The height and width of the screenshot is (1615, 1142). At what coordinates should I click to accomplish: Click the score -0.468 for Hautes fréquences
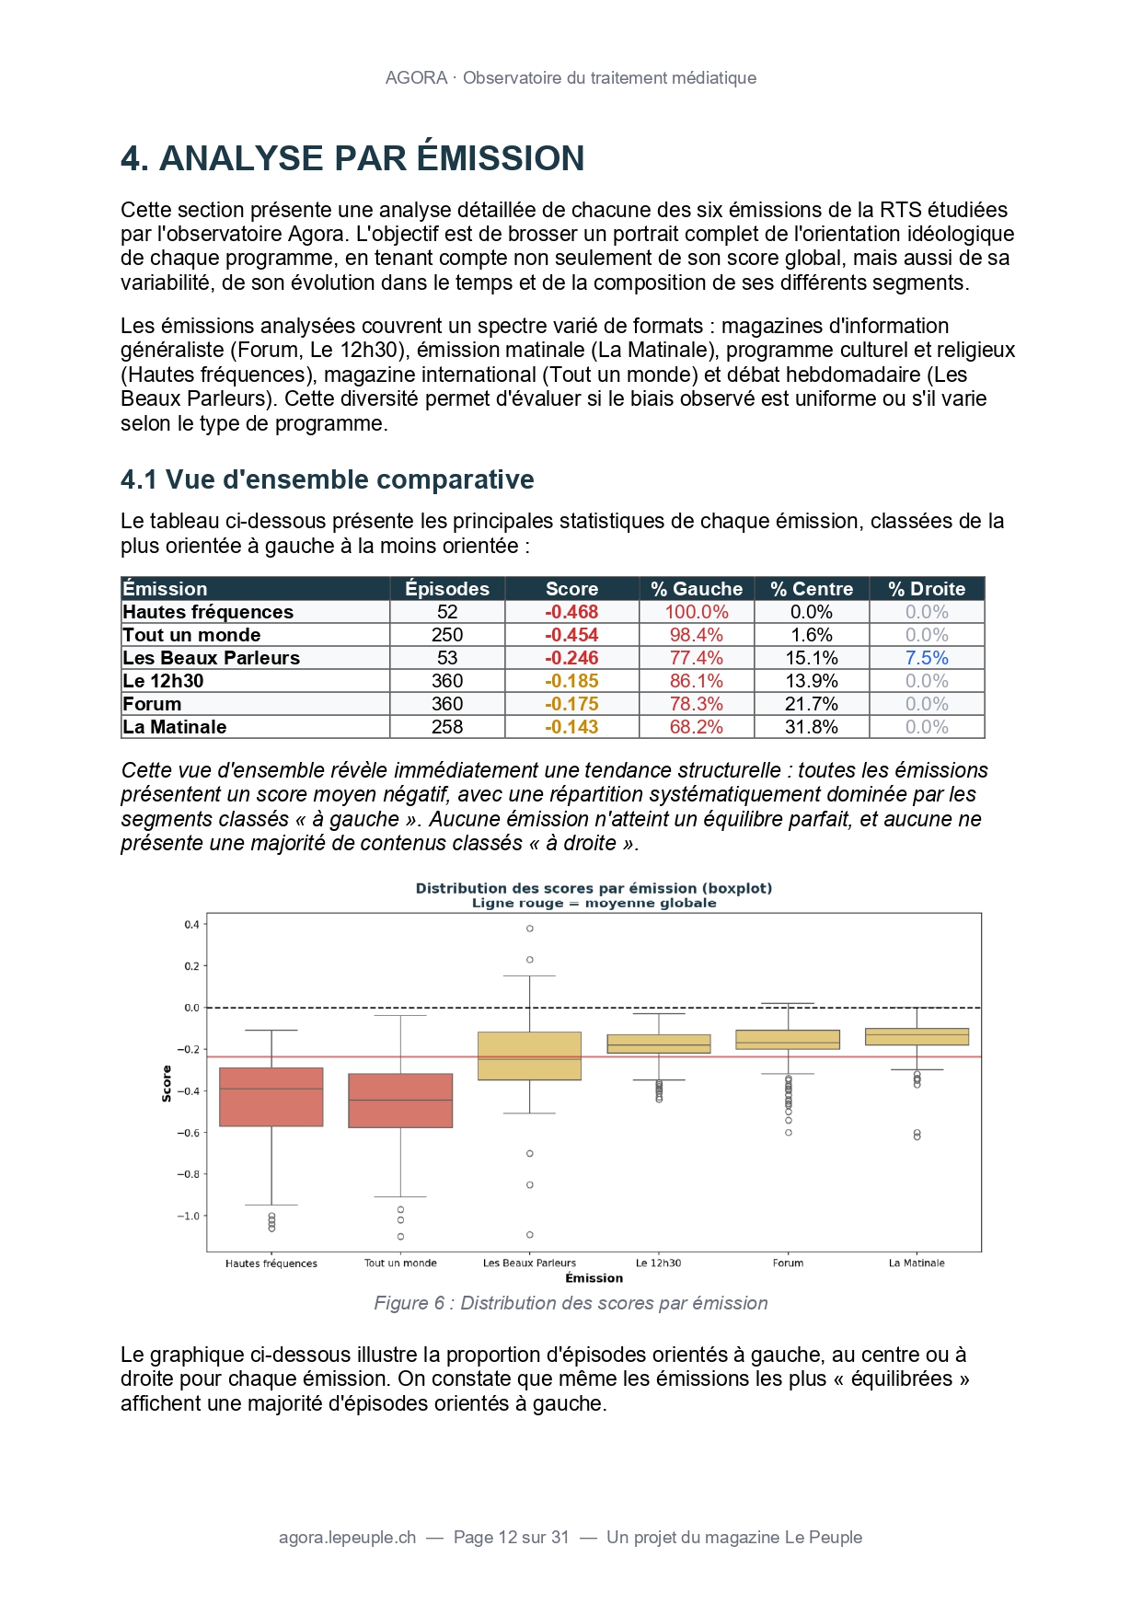tap(571, 612)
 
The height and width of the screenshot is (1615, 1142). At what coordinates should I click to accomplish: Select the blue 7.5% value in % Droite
tap(926, 658)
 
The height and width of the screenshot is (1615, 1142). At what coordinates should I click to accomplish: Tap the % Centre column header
tap(812, 589)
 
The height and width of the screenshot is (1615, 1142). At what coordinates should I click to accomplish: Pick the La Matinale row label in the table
tap(175, 727)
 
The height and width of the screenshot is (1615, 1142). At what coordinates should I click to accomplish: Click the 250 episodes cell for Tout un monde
tap(447, 635)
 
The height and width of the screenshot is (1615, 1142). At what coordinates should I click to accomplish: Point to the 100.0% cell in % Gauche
tap(697, 612)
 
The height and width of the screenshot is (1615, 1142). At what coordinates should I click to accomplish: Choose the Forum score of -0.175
tap(571, 704)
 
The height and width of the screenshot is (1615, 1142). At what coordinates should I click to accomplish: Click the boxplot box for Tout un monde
tap(400, 1101)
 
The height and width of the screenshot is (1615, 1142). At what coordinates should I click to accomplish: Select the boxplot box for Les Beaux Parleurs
tap(530, 1056)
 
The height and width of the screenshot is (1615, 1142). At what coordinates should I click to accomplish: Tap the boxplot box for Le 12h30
tap(659, 1044)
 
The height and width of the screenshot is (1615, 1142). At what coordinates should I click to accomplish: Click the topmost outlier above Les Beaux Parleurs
tap(530, 929)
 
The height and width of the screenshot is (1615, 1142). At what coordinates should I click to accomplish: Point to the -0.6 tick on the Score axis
tap(188, 1133)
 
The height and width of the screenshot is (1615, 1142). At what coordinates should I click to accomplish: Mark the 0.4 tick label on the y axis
tap(191, 924)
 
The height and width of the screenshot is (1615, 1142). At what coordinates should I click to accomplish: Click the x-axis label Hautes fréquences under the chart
tap(271, 1263)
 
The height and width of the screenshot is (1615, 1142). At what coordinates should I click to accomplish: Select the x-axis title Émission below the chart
tap(594, 1278)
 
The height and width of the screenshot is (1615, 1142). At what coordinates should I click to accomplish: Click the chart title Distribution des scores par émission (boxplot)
tap(594, 889)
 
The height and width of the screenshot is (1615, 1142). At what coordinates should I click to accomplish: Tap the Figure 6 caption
tap(571, 1303)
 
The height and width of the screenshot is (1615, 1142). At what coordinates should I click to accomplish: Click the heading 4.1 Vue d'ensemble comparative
tap(328, 479)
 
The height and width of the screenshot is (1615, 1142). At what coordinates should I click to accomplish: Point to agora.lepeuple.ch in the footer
tap(347, 1538)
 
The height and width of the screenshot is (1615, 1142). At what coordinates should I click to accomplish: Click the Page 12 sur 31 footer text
tap(512, 1538)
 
